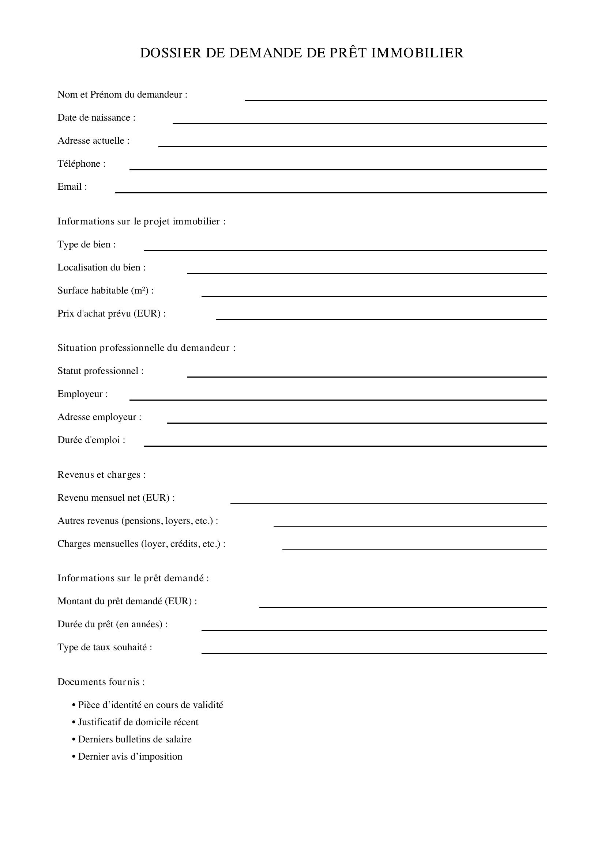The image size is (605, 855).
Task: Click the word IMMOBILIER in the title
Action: (x=417, y=53)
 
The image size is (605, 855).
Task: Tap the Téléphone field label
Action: (x=82, y=164)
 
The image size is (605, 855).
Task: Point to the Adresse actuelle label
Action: (x=94, y=141)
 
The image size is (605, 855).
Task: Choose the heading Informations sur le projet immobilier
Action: (x=142, y=222)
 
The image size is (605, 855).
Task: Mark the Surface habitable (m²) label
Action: (x=105, y=291)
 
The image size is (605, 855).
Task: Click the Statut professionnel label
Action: (x=101, y=371)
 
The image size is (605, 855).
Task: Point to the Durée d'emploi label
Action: (x=91, y=440)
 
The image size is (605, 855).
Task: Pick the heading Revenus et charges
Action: (x=101, y=475)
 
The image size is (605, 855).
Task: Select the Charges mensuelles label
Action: (x=142, y=544)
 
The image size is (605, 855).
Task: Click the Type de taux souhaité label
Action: (x=105, y=648)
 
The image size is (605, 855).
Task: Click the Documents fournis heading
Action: (x=101, y=682)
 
